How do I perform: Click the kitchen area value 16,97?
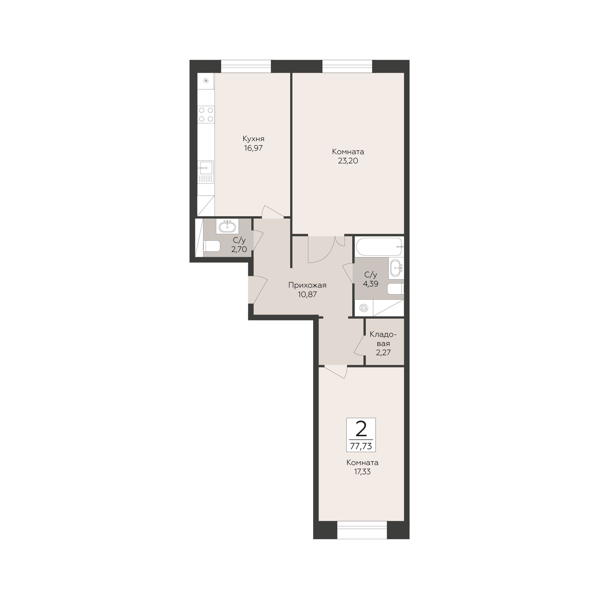coord(253,148)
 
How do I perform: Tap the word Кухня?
coord(254,139)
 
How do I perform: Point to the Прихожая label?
coord(307,285)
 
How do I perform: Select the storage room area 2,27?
coord(383,353)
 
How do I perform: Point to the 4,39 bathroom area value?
coord(370,284)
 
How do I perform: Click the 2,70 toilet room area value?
coord(239,249)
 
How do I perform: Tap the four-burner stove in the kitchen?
coord(206,114)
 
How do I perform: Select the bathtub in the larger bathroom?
coord(379,247)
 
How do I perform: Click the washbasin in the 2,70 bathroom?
coord(227,227)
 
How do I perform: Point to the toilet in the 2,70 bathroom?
coord(211,246)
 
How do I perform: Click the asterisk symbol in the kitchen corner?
coord(206,81)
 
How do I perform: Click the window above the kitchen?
coord(246,66)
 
